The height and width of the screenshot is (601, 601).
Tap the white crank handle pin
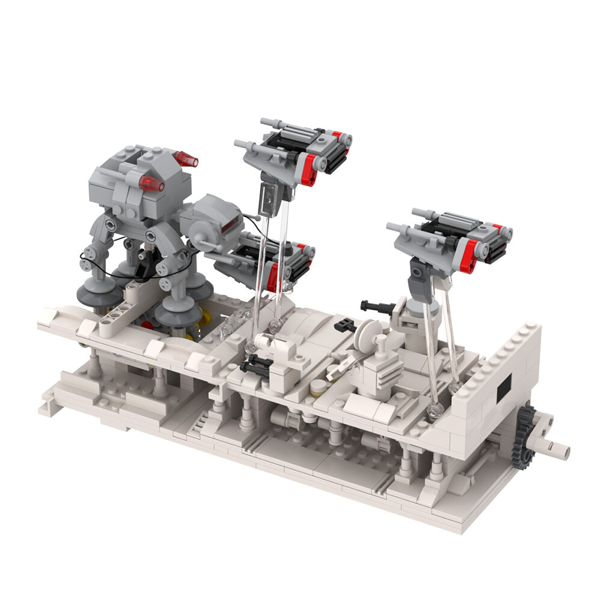point(557,447)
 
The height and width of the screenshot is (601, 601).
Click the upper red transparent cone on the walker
point(186,159)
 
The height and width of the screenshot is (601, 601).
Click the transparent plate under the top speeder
point(269,198)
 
